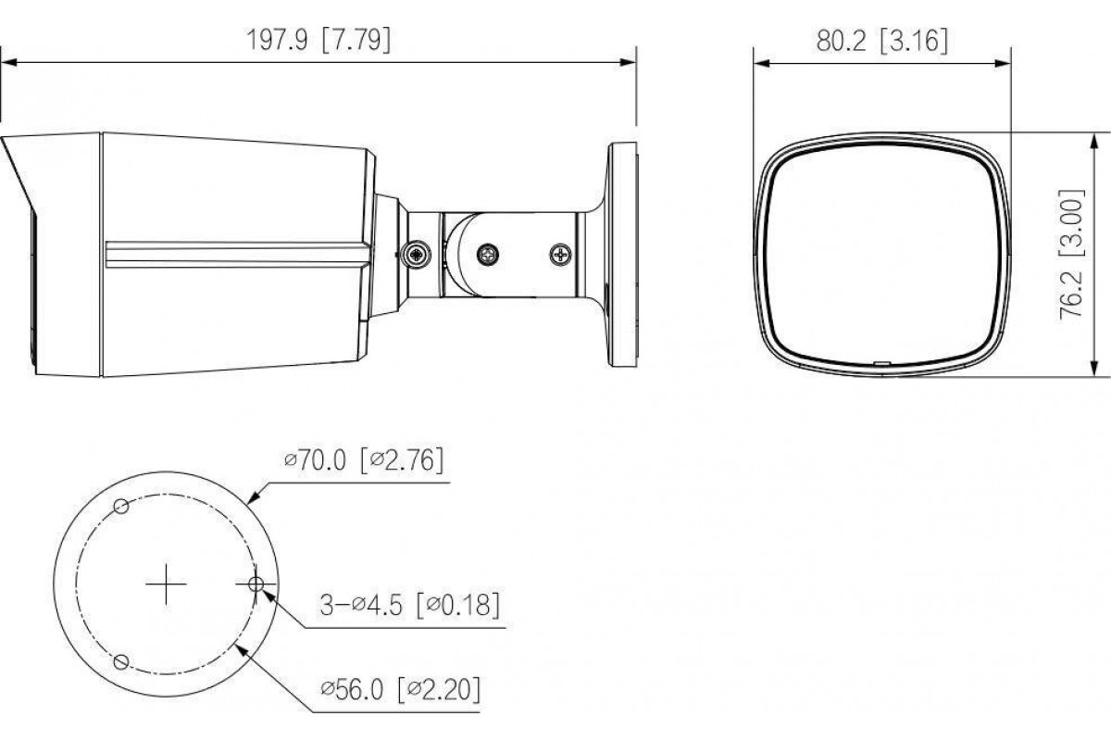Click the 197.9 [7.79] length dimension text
pos(318,40)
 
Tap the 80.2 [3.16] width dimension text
pos(881,41)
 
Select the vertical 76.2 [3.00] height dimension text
pos(1071,254)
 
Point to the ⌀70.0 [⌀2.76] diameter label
pos(364,460)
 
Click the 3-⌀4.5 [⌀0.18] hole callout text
pos(409,605)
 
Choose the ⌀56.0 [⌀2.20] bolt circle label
pos(401,689)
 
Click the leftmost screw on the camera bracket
pos(417,255)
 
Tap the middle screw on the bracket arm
pos(488,255)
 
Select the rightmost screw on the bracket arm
pos(560,255)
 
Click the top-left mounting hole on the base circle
pos(121,507)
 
